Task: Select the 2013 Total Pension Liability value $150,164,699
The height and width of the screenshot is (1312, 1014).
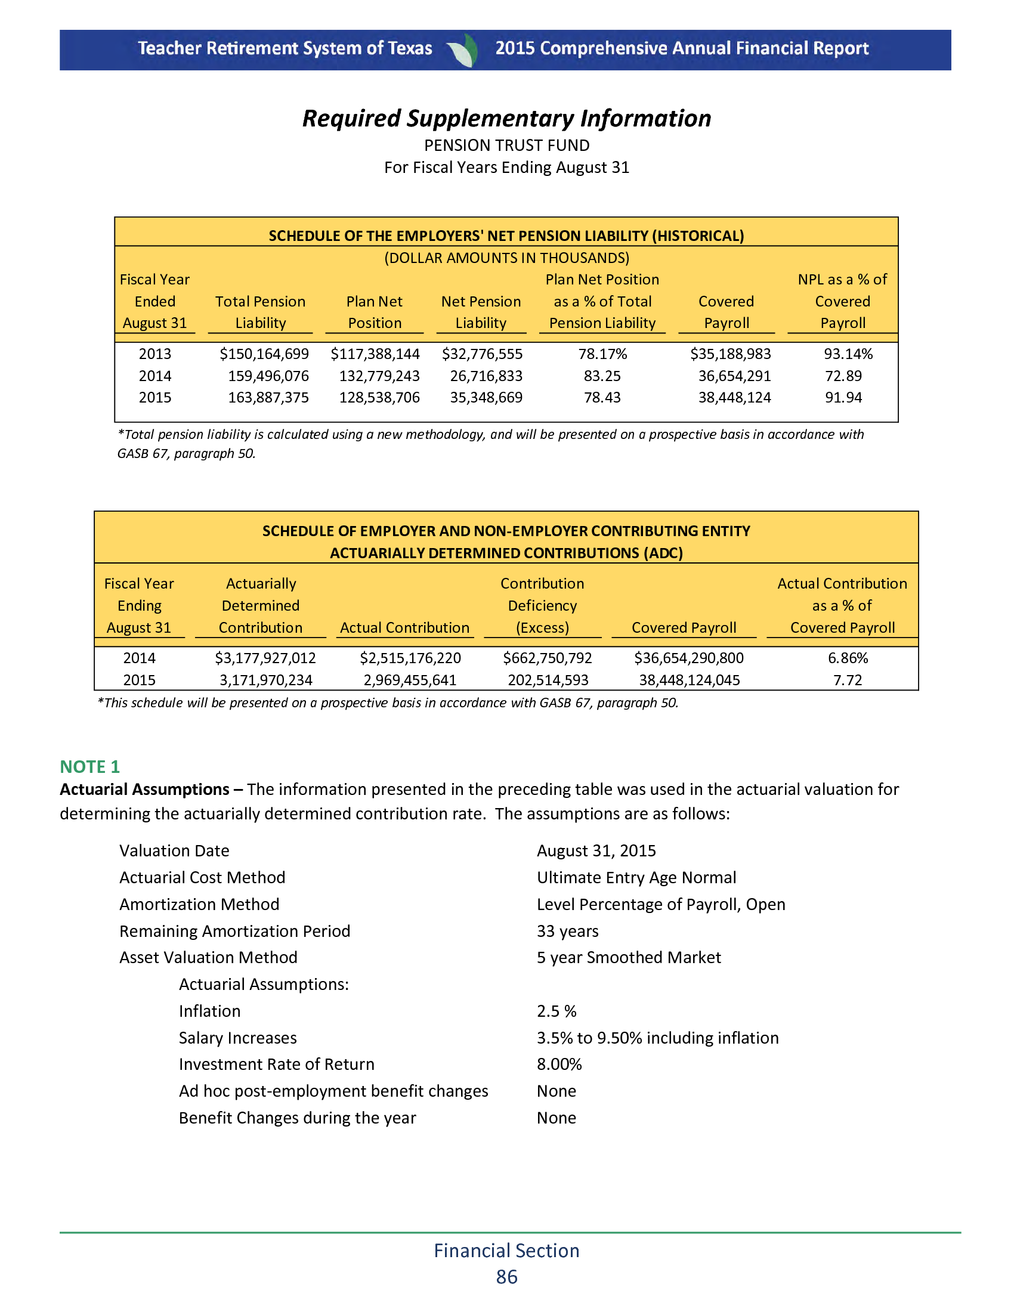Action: pyautogui.click(x=264, y=354)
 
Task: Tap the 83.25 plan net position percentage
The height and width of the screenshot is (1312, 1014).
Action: pyautogui.click(x=602, y=376)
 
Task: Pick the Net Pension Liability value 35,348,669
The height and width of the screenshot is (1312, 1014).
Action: pyautogui.click(x=486, y=398)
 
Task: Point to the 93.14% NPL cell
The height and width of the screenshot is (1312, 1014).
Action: pyautogui.click(x=848, y=354)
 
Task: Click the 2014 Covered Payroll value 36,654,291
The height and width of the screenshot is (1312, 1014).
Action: pyautogui.click(x=734, y=376)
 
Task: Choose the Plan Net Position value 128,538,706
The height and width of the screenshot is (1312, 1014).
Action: pyautogui.click(x=379, y=398)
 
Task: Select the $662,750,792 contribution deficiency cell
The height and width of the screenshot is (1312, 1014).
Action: pyautogui.click(x=547, y=658)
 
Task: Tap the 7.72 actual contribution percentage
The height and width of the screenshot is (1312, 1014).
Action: pyautogui.click(x=847, y=680)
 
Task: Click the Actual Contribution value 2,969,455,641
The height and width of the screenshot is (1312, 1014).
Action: pyautogui.click(x=410, y=680)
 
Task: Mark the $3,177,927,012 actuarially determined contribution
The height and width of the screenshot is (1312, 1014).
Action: pyautogui.click(x=265, y=658)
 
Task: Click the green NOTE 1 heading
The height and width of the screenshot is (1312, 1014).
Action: pyautogui.click(x=89, y=766)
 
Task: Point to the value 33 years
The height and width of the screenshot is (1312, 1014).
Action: pyautogui.click(x=567, y=931)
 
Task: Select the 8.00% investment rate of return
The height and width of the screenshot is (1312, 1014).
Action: pyautogui.click(x=559, y=1065)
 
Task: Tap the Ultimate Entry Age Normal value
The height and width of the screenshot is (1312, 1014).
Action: pyautogui.click(x=636, y=878)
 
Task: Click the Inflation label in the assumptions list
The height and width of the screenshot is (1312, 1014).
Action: pyautogui.click(x=209, y=1011)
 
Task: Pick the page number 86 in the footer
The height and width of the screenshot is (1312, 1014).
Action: pyautogui.click(x=506, y=1277)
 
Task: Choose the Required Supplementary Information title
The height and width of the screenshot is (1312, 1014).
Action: pyautogui.click(x=506, y=118)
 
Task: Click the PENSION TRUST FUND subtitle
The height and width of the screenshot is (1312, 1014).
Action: pyautogui.click(x=506, y=146)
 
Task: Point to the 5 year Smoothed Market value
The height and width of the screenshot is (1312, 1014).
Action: pyautogui.click(x=628, y=958)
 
